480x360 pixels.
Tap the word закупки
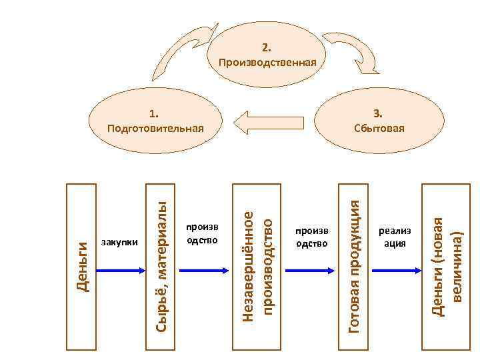[119, 242]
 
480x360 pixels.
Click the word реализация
[395, 237]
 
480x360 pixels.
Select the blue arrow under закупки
[121, 270]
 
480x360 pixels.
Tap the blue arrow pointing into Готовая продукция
[310, 270]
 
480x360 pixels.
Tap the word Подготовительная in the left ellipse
[155, 127]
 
